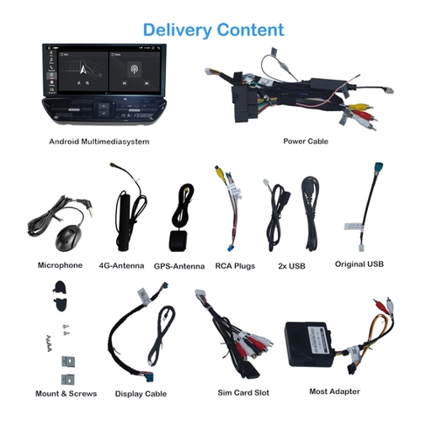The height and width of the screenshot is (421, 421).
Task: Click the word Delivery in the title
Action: pos(178,30)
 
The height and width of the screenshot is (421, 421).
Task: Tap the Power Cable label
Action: pos(306,141)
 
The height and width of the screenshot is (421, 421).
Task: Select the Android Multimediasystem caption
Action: pos(99,141)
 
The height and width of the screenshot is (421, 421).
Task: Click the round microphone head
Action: pos(69,239)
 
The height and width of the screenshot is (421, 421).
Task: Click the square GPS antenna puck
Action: pos(178,241)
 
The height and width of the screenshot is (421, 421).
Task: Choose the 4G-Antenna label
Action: pos(121,265)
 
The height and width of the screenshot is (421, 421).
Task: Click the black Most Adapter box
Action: pos(310,344)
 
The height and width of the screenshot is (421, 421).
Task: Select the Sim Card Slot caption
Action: pos(243,392)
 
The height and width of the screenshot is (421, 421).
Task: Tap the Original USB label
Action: pos(360,264)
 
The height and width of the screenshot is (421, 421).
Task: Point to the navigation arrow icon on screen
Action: pos(83,69)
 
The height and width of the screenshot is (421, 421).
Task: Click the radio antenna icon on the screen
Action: pos(134,69)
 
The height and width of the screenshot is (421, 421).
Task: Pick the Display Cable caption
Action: pos(141,393)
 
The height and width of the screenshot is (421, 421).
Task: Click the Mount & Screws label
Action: pos(67,393)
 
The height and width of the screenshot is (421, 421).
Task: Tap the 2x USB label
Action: pos(291,266)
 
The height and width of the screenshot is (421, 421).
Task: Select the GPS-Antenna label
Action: pos(179,266)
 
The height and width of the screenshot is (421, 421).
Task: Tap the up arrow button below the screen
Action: pos(104,106)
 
